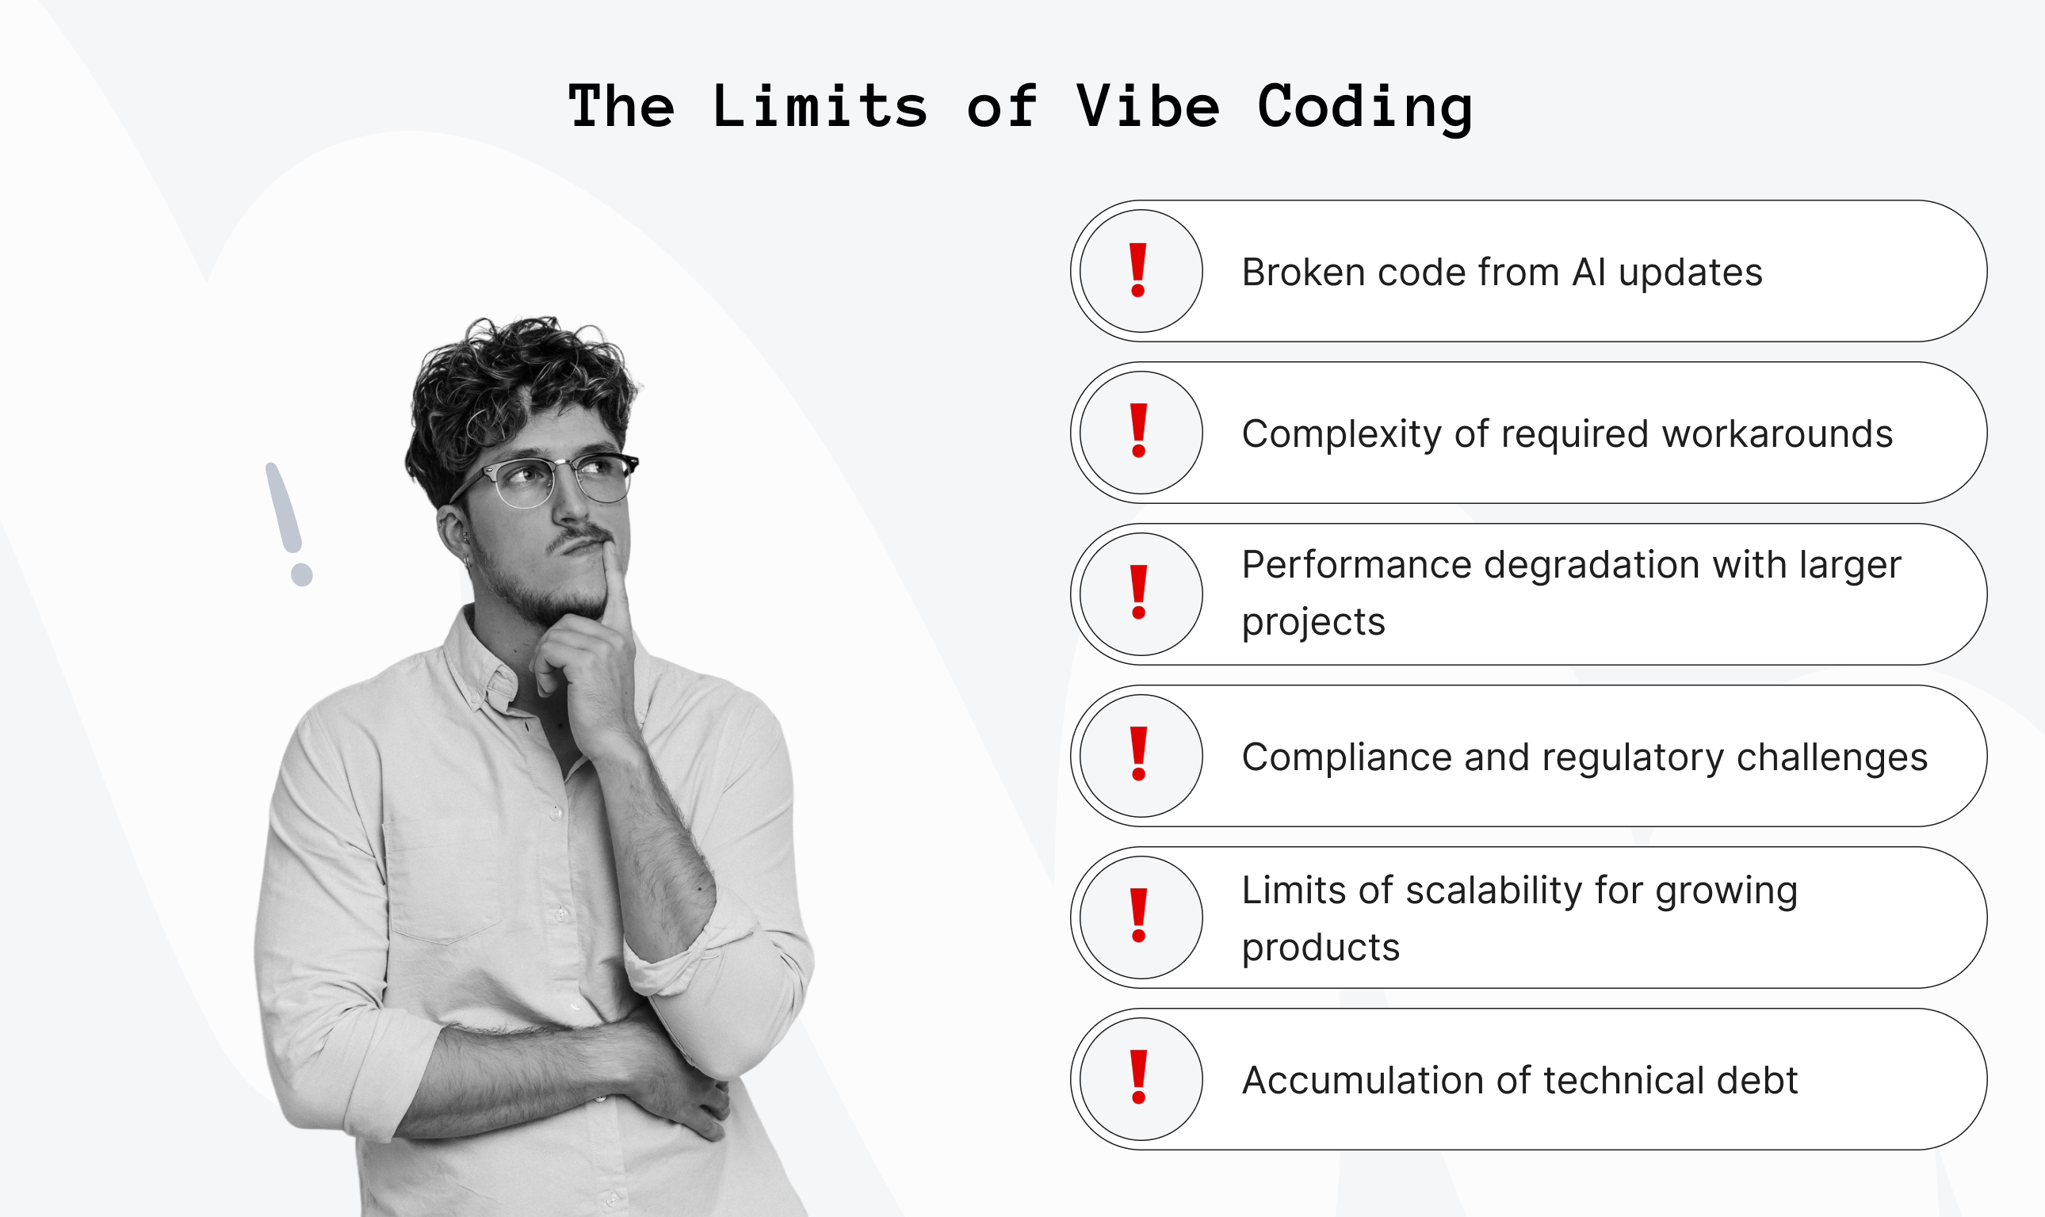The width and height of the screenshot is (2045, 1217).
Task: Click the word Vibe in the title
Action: tap(1148, 107)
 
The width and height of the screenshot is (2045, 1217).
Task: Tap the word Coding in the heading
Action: tap(1364, 109)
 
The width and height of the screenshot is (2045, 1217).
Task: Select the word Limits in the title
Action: tap(820, 107)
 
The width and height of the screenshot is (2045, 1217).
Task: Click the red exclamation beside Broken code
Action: tap(1137, 270)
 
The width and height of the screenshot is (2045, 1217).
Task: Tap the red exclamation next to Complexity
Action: tap(1138, 430)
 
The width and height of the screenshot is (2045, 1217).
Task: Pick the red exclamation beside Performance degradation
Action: tap(1138, 592)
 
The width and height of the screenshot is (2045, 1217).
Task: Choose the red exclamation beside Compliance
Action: tap(1138, 753)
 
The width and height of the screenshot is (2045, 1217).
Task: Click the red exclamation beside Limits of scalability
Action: tap(1138, 915)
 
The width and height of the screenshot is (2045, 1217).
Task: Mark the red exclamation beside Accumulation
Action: tap(1138, 1077)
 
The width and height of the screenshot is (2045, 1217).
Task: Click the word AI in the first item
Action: tap(1589, 273)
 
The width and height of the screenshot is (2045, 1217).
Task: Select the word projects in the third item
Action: tap(1313, 623)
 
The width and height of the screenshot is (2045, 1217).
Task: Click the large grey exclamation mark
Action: tap(289, 525)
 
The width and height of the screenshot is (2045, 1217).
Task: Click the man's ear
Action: tap(453, 533)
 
